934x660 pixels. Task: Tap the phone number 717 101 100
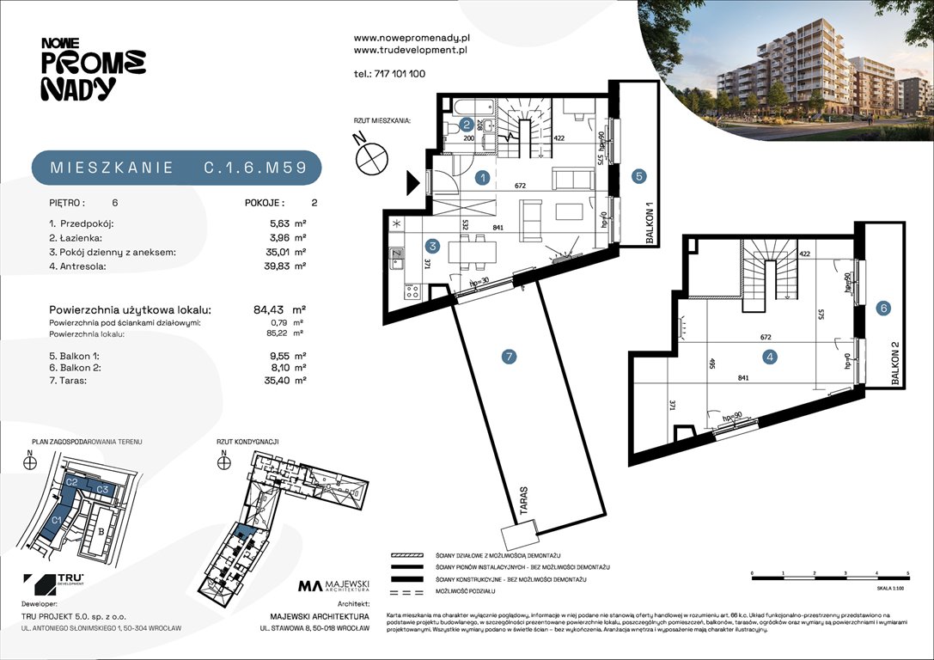[389, 74]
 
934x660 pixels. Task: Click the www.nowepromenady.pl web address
[412, 38]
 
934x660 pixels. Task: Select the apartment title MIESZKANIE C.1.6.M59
[177, 168]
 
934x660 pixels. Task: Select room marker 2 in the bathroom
[465, 123]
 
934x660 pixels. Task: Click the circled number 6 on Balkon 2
[882, 308]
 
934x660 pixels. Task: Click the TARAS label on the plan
[523, 500]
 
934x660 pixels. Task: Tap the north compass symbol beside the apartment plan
[370, 154]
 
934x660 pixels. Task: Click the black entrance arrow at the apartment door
[412, 181]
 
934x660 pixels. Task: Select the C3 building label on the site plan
[101, 489]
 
